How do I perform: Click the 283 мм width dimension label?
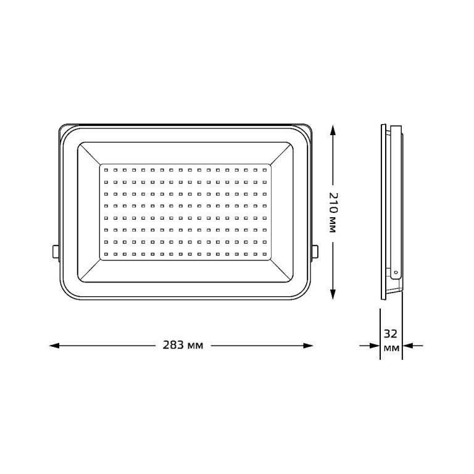[183, 345]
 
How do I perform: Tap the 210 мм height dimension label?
[332, 212]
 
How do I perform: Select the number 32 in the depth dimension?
[391, 334]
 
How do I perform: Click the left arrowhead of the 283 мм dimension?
[54, 345]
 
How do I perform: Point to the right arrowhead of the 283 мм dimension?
[308, 345]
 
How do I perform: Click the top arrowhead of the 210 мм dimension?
[333, 130]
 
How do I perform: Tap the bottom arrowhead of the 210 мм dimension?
[333, 294]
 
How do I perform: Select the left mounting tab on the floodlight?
[56, 252]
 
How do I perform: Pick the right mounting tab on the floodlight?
[315, 252]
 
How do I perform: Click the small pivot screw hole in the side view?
[396, 272]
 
